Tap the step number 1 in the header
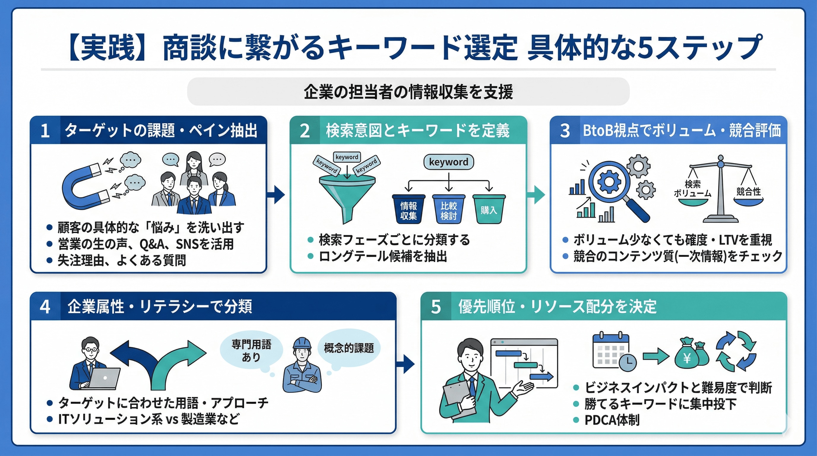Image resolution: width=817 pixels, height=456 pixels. (45, 130)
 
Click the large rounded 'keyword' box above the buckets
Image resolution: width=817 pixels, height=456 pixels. (449, 162)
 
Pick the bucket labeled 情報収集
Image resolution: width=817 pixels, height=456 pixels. (408, 209)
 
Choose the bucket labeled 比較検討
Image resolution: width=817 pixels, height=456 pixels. (449, 209)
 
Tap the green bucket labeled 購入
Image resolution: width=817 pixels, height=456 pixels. (489, 209)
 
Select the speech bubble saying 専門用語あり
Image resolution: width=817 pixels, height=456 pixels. (251, 350)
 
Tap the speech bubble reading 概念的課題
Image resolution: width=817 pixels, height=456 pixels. (349, 348)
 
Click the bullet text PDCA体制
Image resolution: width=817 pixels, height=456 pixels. (612, 420)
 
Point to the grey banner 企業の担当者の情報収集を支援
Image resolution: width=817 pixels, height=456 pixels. (408, 92)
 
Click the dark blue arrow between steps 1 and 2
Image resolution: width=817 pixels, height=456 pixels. (277, 194)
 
